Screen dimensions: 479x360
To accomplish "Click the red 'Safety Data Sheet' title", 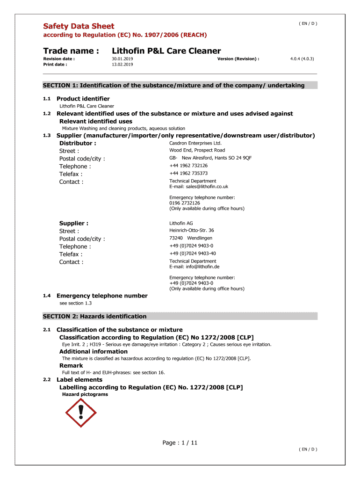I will tap(79, 26).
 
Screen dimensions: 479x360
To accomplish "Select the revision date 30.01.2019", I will tap(122, 59).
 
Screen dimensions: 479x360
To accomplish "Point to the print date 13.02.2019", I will tap(122, 65).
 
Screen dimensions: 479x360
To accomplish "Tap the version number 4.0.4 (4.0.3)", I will tap(302, 59).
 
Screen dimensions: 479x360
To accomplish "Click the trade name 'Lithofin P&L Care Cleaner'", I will tap(166, 51).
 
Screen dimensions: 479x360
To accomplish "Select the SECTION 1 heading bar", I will tap(180, 85).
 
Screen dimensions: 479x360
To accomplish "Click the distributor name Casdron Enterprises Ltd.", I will tap(195, 143).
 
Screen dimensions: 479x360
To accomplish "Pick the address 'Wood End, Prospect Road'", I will tap(197, 150).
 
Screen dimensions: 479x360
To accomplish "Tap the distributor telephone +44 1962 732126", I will tap(188, 166).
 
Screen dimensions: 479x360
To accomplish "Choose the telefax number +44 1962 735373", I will tap(188, 173).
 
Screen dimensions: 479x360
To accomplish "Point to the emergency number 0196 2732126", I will tap(185, 203).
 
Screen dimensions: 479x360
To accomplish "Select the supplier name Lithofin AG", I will tap(181, 223).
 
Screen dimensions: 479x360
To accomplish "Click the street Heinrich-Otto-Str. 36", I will tap(192, 230).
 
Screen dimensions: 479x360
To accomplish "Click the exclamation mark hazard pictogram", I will tap(81, 412).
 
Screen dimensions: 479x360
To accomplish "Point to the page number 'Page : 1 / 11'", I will tap(180, 443).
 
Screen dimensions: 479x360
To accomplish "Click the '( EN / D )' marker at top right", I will tap(308, 23).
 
